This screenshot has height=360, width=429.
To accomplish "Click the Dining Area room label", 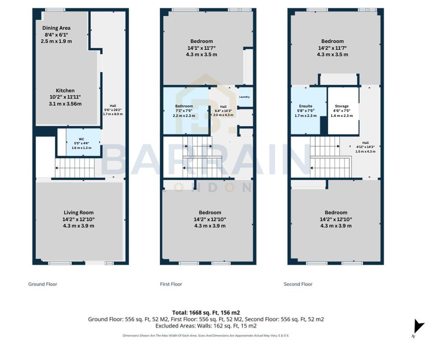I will pyautogui.click(x=57, y=28).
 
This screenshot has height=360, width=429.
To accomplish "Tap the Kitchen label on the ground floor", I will pyautogui.click(x=65, y=90).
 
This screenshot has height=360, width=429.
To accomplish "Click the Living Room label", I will pyautogui.click(x=79, y=212).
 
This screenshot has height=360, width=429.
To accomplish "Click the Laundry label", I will pyautogui.click(x=245, y=97).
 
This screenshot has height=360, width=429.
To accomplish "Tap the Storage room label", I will pyautogui.click(x=342, y=106).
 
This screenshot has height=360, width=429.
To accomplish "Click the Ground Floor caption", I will pyautogui.click(x=43, y=284).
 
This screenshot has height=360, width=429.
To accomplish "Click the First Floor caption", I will pyautogui.click(x=171, y=284).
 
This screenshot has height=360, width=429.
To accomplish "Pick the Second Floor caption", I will pyautogui.click(x=298, y=284).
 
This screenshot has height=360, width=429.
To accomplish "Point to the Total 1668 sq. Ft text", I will pyautogui.click(x=206, y=312).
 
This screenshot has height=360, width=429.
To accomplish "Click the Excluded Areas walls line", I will pyautogui.click(x=206, y=326).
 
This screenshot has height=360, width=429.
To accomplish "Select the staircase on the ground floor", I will pyautogui.click(x=75, y=168).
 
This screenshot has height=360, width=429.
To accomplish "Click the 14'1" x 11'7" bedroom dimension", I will pyautogui.click(x=201, y=48).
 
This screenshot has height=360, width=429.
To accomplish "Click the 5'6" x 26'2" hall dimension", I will pyautogui.click(x=113, y=110).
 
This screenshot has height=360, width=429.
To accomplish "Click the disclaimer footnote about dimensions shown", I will pyautogui.click(x=206, y=335).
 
